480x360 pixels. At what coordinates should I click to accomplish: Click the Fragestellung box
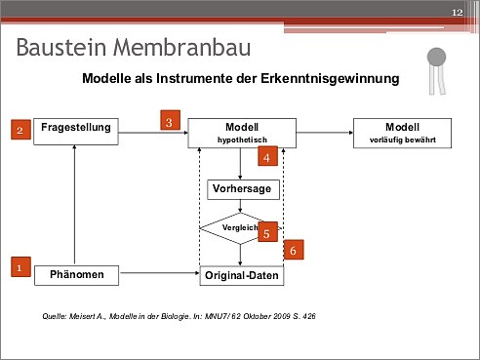(x=76, y=132)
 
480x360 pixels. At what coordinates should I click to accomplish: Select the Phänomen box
(x=77, y=275)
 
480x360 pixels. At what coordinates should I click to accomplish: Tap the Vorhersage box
(x=243, y=189)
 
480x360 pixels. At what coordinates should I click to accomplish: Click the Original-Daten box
(x=242, y=276)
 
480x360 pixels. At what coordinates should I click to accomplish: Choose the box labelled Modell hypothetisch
(x=242, y=133)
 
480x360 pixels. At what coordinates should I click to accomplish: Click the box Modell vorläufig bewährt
(x=402, y=133)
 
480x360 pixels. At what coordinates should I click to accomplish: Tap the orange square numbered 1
(x=20, y=267)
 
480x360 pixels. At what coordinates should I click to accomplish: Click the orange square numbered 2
(x=20, y=130)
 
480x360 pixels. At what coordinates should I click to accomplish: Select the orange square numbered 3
(x=170, y=120)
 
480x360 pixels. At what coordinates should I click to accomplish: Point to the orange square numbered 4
(x=267, y=156)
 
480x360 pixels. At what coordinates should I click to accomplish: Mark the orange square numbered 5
(x=267, y=232)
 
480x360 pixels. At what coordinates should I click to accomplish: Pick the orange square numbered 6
(x=294, y=250)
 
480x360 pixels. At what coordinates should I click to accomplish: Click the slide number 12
(x=458, y=13)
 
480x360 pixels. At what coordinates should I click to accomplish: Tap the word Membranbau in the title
(x=181, y=48)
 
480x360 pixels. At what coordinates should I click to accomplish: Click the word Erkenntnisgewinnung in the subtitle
(x=330, y=79)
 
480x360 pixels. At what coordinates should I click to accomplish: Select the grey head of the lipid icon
(x=436, y=58)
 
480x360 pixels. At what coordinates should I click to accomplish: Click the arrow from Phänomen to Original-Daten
(x=159, y=273)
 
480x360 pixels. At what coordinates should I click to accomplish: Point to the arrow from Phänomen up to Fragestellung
(x=74, y=205)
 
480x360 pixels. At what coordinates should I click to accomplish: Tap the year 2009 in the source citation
(x=282, y=316)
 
